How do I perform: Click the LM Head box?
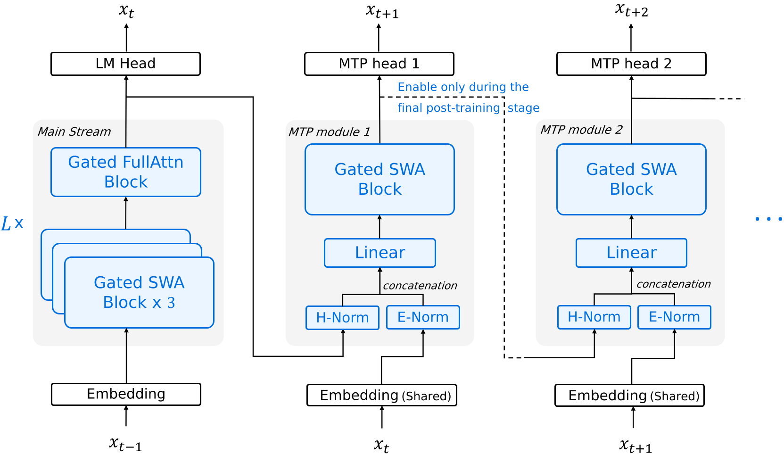click(125, 64)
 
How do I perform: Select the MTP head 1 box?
click(379, 64)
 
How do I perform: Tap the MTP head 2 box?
click(631, 64)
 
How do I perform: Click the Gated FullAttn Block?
click(125, 172)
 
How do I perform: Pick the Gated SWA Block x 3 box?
click(139, 292)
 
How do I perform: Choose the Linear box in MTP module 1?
click(380, 253)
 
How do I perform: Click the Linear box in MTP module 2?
click(631, 253)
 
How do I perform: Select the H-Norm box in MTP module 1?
click(342, 318)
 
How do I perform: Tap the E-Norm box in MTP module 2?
click(674, 317)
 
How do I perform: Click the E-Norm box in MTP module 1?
click(423, 317)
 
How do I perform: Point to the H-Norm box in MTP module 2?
click(594, 317)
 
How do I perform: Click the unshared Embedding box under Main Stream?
click(126, 394)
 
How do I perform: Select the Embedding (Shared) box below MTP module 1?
click(382, 395)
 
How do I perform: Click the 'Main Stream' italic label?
click(74, 132)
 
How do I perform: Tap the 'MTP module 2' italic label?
click(581, 130)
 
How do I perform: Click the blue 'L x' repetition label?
click(12, 223)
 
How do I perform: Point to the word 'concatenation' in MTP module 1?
click(420, 286)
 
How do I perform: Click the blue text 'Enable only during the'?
click(463, 87)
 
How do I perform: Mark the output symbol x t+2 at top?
click(631, 10)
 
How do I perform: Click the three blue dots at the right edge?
click(768, 219)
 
